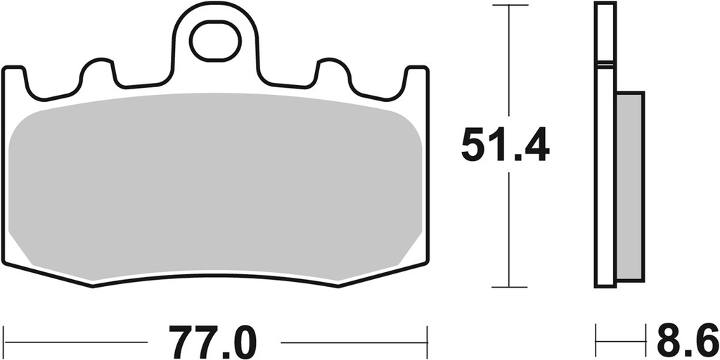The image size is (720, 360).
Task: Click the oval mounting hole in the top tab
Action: pos(216,41)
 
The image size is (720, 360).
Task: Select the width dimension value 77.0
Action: pos(212,342)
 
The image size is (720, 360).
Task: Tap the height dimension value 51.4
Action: pos(504,146)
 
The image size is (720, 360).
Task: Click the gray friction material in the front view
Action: pos(214,186)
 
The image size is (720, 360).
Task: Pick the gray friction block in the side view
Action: pos(629,186)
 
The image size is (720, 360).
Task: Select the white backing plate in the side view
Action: pos(605,176)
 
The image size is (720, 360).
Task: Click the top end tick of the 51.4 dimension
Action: pos(509,5)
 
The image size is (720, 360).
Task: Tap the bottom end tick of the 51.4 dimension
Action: pos(509,287)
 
